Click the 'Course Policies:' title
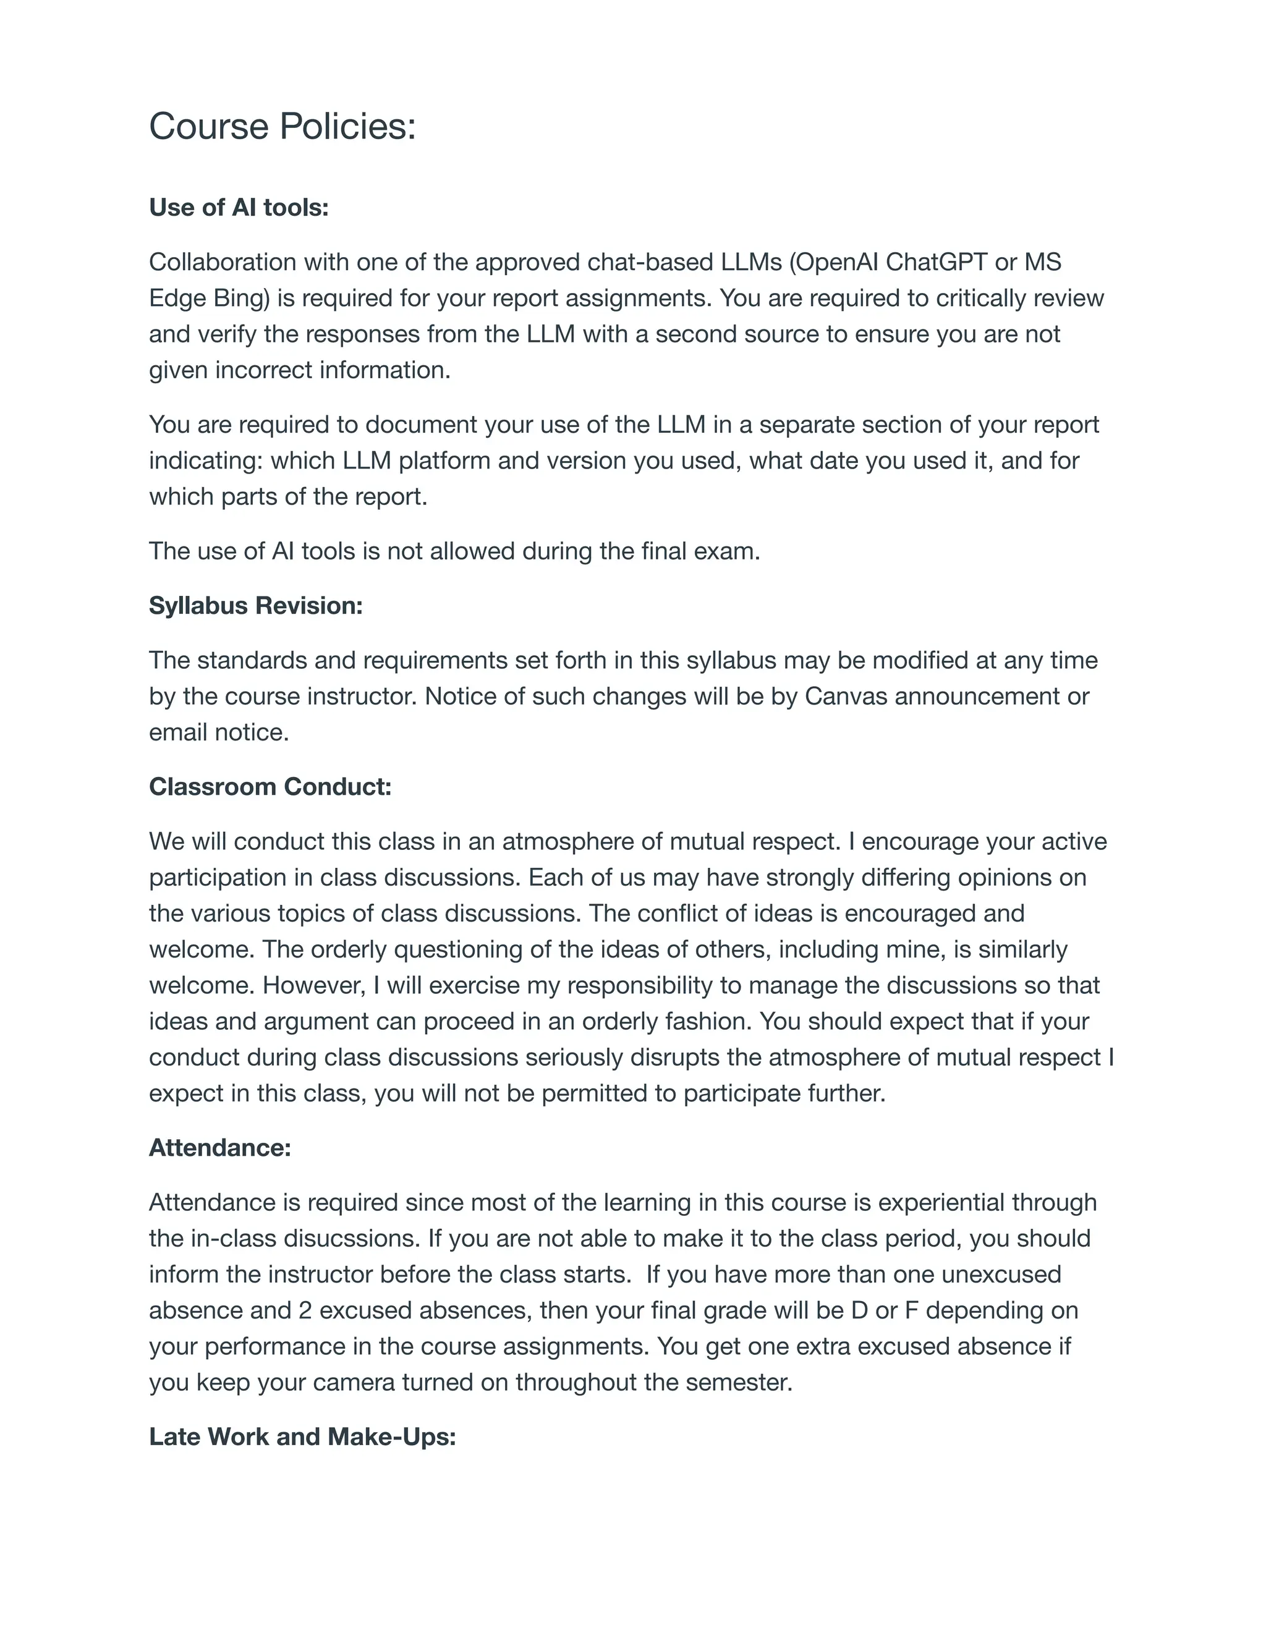tap(282, 125)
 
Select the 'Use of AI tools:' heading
tap(239, 207)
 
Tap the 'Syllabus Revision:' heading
tap(256, 605)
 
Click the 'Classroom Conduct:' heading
tap(270, 786)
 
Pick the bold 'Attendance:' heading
tap(219, 1147)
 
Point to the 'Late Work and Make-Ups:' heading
tap(302, 1436)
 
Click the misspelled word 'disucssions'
tap(352, 1238)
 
